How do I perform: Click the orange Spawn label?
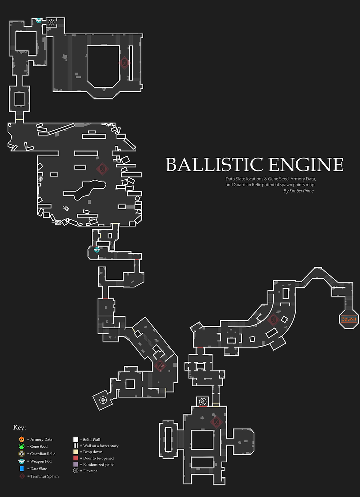point(349,319)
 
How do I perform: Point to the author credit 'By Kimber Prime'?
point(298,191)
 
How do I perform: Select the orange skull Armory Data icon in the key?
point(22,439)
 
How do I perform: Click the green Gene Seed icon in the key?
point(22,446)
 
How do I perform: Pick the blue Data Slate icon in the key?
point(22,469)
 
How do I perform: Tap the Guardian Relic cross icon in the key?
point(22,454)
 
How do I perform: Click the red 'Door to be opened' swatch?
point(76,458)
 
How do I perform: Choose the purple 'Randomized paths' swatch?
point(76,464)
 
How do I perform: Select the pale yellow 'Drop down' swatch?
point(76,452)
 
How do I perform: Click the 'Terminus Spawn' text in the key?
point(44,476)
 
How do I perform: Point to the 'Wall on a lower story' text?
point(101,446)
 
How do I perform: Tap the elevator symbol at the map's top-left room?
point(52,22)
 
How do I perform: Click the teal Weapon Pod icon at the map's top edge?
point(39,20)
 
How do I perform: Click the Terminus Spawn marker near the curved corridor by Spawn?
point(273,320)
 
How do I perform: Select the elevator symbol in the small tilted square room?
point(103,399)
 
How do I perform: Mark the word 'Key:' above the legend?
point(19,428)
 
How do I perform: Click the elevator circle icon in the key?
point(76,471)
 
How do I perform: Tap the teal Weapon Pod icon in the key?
point(22,461)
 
